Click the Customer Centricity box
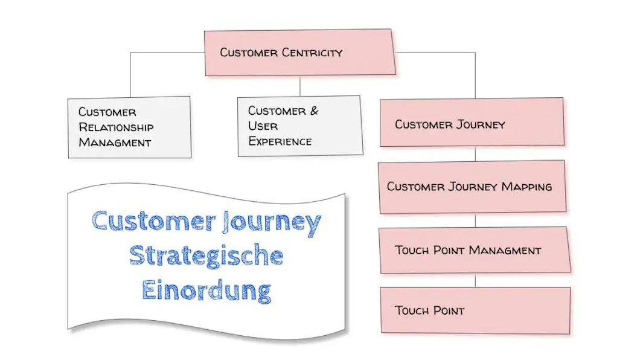coord(300,53)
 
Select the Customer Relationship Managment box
coord(129,127)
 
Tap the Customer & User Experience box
coord(299,126)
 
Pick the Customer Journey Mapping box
coord(472,187)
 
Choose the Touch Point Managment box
coord(474,250)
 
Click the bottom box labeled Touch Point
coord(475,310)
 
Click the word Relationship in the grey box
coord(116,127)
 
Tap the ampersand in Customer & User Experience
coord(313,111)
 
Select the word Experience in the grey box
coord(280,142)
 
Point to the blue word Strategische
coord(206,256)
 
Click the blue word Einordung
coord(206,290)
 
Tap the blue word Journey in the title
coord(271,222)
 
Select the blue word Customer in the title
coord(149,221)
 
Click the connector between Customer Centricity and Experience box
coord(300,86)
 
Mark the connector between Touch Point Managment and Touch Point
coord(475,280)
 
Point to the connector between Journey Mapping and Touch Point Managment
coord(475,220)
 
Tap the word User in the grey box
coord(263,127)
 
